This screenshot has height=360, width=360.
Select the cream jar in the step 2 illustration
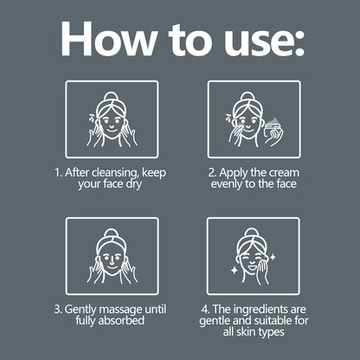(273, 131)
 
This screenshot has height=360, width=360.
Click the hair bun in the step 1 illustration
(112, 96)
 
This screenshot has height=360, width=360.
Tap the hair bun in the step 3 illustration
(112, 233)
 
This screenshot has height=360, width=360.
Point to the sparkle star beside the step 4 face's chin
(235, 270)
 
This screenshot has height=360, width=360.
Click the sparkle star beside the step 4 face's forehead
(273, 257)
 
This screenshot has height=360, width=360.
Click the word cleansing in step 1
(116, 173)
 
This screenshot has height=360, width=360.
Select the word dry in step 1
(134, 184)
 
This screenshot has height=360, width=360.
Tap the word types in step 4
(271, 332)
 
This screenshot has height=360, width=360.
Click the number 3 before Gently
(57, 310)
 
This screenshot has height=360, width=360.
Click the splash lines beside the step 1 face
(92, 117)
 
